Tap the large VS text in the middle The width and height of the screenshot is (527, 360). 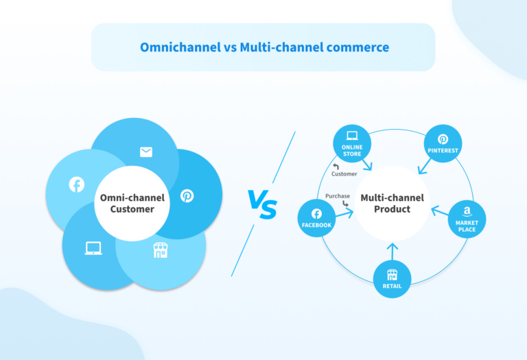(262, 204)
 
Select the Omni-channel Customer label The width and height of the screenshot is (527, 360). (132, 203)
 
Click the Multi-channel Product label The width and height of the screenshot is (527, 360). (392, 203)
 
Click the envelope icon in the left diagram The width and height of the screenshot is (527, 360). (146, 152)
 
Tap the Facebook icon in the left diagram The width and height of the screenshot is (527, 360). (76, 184)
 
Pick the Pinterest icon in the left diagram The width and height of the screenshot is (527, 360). (187, 195)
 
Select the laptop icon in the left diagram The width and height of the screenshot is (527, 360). (93, 248)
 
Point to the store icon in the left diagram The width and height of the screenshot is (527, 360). (160, 251)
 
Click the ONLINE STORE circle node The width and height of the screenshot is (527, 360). (352, 143)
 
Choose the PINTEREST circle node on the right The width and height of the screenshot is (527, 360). (443, 143)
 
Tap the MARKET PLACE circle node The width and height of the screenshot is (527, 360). (467, 219)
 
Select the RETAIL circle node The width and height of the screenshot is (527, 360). (392, 278)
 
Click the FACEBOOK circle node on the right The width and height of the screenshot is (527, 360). (316, 217)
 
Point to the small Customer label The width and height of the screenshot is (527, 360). (344, 173)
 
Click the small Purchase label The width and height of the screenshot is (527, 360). (338, 196)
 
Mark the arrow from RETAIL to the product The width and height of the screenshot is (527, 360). (392, 251)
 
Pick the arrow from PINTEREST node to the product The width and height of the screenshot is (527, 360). (426, 165)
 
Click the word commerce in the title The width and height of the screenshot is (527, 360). (355, 47)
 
